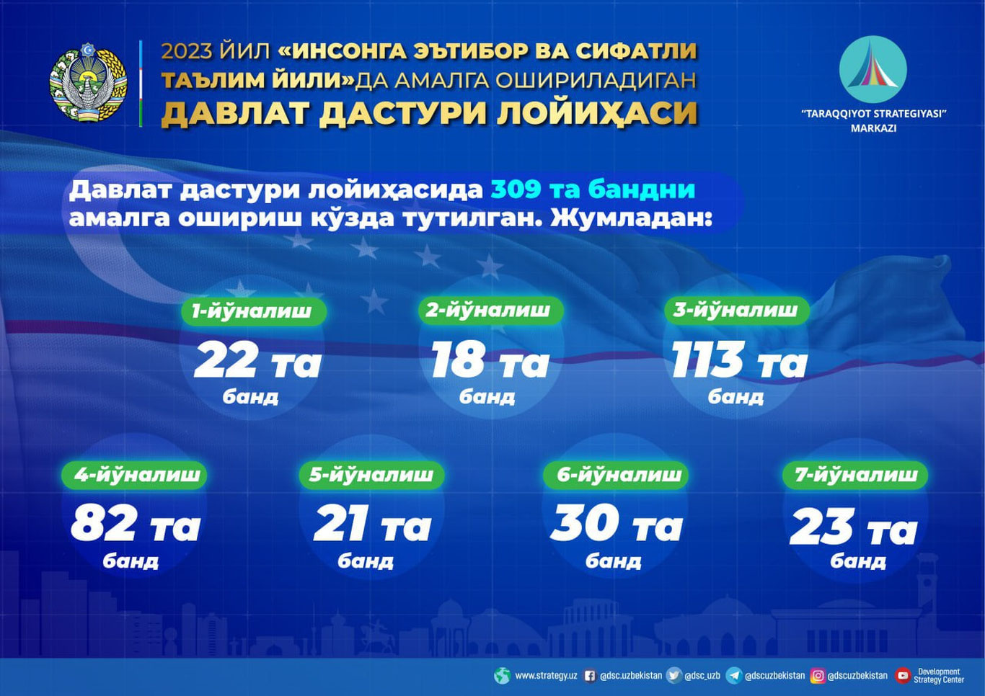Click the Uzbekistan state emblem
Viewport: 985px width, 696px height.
pos(88,83)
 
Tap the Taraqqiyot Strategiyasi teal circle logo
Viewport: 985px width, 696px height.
pos(873,70)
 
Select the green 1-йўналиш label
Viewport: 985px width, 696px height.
pos(252,311)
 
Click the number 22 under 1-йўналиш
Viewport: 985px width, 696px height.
pos(226,360)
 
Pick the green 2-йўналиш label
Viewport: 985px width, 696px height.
pos(488,310)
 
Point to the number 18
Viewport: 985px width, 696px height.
pos(457,360)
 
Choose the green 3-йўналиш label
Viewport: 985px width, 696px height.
pos(736,310)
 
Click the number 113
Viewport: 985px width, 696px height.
pos(707,360)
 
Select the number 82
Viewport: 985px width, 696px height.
pos(104,524)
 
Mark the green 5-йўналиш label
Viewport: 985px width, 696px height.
pos(371,474)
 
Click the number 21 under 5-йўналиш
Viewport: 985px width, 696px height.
pos(341,524)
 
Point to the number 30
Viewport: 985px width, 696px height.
pos(585,524)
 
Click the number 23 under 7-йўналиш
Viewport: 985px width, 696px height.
pos(821,527)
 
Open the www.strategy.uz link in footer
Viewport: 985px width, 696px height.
pos(545,676)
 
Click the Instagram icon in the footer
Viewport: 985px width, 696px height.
pos(818,676)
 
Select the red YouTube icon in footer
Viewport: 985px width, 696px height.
pos(902,676)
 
